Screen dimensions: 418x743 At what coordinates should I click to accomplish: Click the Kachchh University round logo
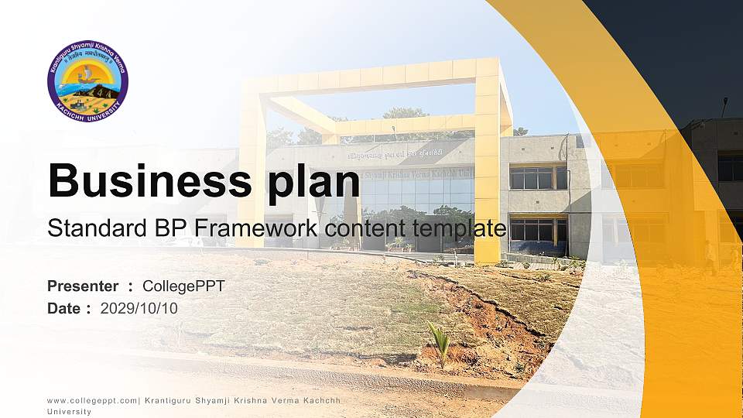(87, 81)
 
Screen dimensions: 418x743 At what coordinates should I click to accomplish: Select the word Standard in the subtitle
(91, 228)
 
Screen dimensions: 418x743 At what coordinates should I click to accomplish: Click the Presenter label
(83, 286)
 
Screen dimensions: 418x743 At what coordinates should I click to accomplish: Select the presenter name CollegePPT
(183, 286)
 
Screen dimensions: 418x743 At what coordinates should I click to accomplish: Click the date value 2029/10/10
(139, 308)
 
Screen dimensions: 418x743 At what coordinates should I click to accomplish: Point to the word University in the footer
(69, 412)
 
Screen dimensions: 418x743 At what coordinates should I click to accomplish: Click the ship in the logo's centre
(87, 75)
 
